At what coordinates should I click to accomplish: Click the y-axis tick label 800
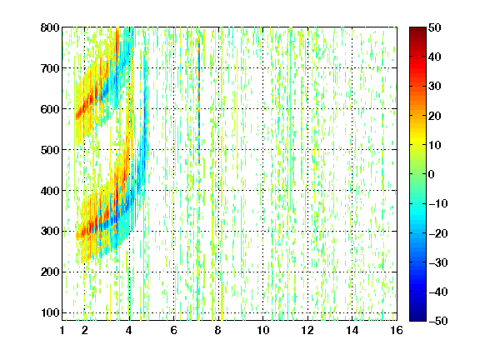tap(50, 27)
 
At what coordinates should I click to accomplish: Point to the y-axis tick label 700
tap(50, 68)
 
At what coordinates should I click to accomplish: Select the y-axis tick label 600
tap(50, 109)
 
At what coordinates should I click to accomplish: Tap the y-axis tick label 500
tap(50, 150)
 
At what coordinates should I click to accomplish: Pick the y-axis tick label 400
tap(50, 191)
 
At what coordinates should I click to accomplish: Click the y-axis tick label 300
tap(50, 231)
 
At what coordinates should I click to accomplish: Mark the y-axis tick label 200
tap(50, 272)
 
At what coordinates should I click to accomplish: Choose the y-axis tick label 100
tap(50, 312)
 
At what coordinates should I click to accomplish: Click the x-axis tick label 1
tap(62, 330)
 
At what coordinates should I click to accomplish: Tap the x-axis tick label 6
tap(174, 330)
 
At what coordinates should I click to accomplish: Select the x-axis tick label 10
tap(263, 330)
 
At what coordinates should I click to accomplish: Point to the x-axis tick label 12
tap(307, 330)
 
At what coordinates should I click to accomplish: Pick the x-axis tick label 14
tap(352, 330)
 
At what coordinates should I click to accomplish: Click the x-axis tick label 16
tap(397, 330)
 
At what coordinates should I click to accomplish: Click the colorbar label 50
tap(434, 27)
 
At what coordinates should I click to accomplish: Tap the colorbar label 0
tap(432, 174)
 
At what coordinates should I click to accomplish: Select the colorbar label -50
tap(438, 321)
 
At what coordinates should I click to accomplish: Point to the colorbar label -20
tap(438, 233)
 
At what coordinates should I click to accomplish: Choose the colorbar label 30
tap(434, 86)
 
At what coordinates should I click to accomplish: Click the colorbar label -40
tap(438, 292)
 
